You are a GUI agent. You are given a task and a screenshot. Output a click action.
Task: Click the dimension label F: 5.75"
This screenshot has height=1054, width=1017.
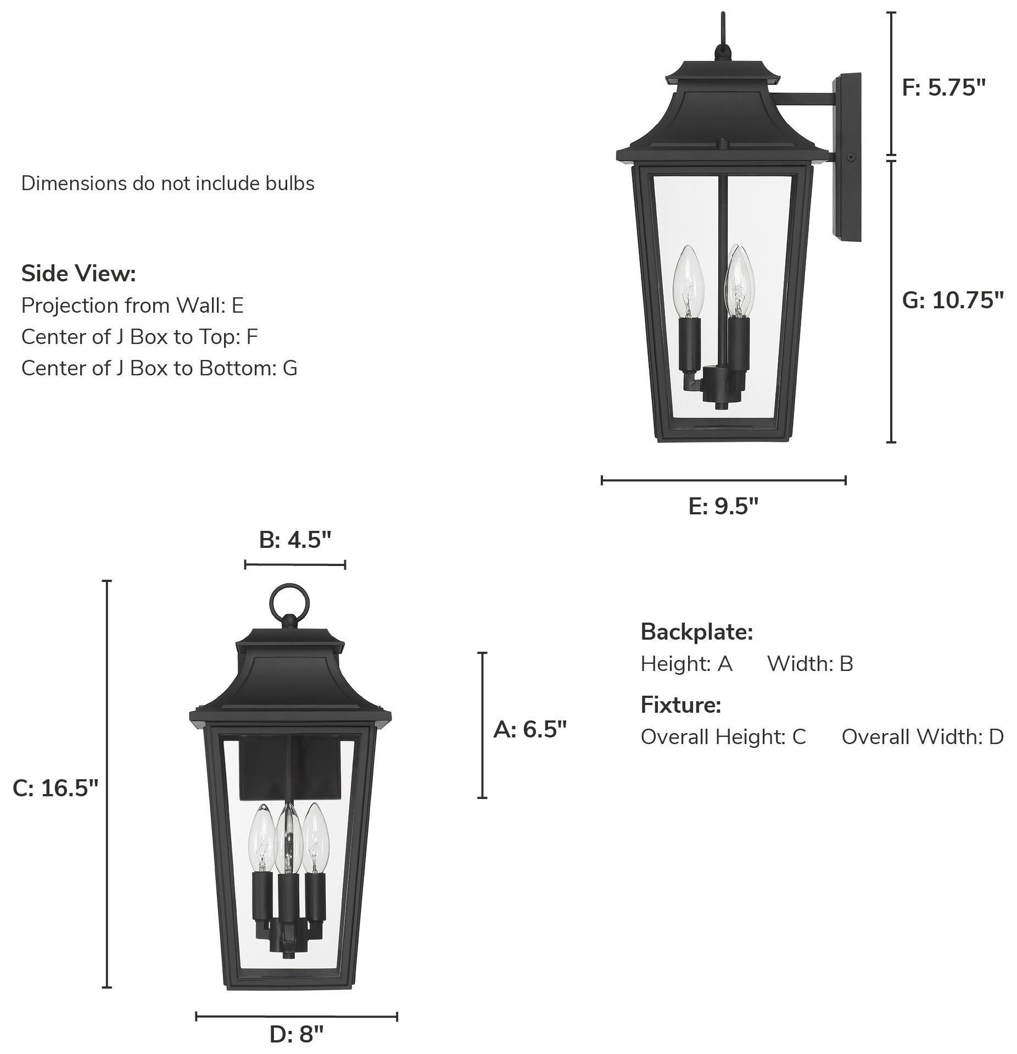coord(944,87)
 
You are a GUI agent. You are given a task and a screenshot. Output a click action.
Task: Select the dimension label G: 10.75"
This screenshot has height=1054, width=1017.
coord(953,300)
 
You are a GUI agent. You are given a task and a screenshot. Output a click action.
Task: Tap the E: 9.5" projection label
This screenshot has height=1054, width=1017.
coord(723,506)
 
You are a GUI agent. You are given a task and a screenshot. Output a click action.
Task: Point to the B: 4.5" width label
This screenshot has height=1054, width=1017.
coord(295,540)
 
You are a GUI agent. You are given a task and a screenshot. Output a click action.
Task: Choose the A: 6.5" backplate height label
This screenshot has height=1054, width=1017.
coord(530,730)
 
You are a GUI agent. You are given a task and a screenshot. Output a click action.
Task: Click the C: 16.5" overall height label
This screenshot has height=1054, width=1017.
coord(55,788)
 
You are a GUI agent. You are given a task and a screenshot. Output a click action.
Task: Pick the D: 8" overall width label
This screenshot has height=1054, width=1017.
coord(297,1035)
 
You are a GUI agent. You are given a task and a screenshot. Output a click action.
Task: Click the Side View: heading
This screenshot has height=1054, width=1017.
coord(79,273)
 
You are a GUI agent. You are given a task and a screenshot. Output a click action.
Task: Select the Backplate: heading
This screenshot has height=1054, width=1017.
coord(696,632)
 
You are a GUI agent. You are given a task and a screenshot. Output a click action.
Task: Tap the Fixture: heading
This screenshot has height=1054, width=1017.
coord(680,704)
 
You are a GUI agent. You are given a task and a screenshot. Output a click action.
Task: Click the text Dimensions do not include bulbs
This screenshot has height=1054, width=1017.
coord(167,183)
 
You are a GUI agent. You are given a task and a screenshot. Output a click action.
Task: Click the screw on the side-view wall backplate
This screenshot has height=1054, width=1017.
coord(851,156)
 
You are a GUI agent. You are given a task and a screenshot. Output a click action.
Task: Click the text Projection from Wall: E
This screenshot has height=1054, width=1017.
coord(132,305)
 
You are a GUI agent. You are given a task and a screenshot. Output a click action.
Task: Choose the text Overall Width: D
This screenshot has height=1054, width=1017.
coord(922,736)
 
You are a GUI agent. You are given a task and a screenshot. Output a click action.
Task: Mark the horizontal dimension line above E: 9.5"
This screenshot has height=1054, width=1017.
coord(723,480)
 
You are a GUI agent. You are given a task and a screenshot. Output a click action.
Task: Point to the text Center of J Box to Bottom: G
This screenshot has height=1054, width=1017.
coord(159,368)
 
